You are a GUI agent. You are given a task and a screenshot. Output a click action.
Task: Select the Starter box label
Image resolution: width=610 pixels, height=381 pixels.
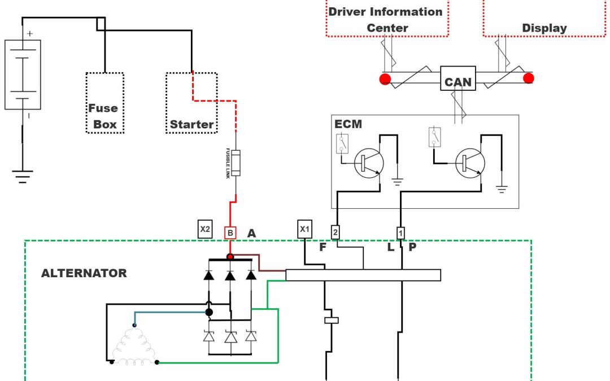pyautogui.click(x=192, y=124)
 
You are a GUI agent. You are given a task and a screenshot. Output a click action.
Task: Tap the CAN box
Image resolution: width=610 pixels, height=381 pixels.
pyautogui.click(x=457, y=82)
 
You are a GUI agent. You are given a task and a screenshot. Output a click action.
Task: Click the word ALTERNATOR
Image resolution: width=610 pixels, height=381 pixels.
pyautogui.click(x=84, y=273)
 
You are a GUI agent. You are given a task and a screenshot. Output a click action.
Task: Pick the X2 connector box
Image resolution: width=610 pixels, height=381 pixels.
pyautogui.click(x=205, y=229)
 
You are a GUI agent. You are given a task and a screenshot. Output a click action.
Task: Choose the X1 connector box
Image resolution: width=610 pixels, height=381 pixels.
pyautogui.click(x=304, y=229)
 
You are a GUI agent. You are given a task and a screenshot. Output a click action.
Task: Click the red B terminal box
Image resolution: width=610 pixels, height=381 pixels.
pyautogui.click(x=230, y=232)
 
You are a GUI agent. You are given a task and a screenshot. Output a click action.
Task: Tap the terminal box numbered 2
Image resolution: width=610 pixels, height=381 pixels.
pyautogui.click(x=335, y=231)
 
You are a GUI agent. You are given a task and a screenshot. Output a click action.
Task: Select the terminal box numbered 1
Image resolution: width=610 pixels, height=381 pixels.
pyautogui.click(x=400, y=231)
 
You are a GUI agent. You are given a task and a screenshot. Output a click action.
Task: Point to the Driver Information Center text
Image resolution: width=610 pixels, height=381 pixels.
pyautogui.click(x=386, y=19)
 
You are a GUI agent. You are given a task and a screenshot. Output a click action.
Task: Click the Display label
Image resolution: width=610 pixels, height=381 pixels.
pyautogui.click(x=544, y=28)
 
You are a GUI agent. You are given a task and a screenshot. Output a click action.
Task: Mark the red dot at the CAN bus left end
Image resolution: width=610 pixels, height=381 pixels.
pyautogui.click(x=386, y=78)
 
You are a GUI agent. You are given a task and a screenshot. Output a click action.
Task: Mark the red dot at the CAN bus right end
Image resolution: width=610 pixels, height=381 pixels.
pyautogui.click(x=529, y=78)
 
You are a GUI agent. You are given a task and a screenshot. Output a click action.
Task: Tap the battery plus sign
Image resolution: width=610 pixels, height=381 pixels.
pyautogui.click(x=29, y=34)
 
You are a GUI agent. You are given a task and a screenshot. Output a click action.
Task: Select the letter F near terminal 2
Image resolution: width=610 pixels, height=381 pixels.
pyautogui.click(x=323, y=247)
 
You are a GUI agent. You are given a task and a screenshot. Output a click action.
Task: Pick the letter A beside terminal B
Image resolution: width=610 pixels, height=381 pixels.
pyautogui.click(x=251, y=233)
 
